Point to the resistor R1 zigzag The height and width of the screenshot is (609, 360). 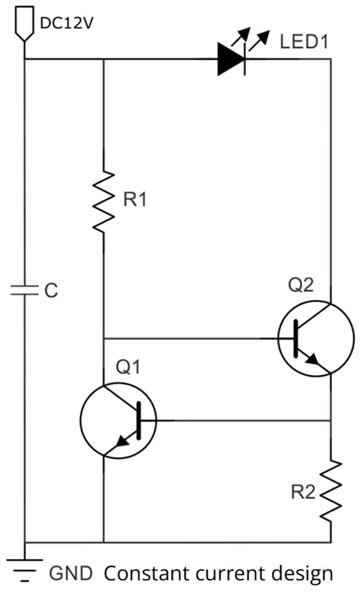coord(103,200)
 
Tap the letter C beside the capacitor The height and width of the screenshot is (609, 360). coord(51,291)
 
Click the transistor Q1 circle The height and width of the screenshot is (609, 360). coord(118,420)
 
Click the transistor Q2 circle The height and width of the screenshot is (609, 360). coord(315,338)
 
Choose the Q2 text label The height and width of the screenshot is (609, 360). coord(300,286)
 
